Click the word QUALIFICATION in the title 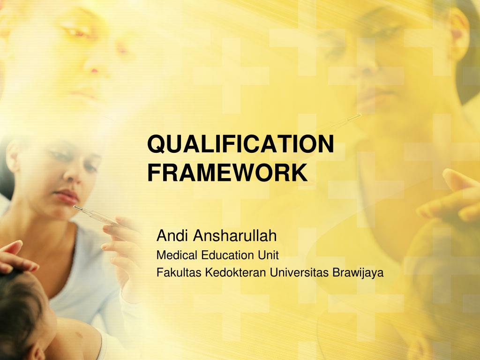240,144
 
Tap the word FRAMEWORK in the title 228,172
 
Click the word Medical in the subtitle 171,255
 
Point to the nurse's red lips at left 66,196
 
